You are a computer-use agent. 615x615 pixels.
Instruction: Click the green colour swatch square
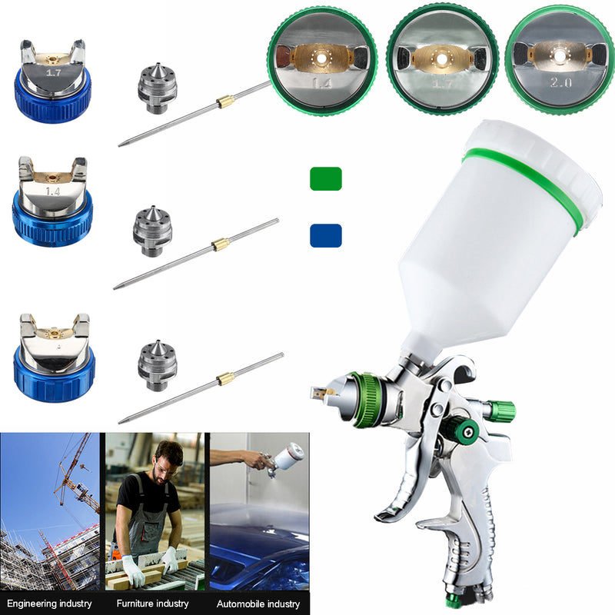pos(326,178)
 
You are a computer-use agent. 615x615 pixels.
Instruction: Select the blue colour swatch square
pos(326,235)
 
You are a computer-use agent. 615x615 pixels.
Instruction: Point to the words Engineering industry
pos(50,603)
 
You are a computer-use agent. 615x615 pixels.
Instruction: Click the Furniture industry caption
pos(154,603)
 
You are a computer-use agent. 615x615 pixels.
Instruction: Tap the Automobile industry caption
pos(258,603)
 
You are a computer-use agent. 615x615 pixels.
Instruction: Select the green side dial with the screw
pos(465,431)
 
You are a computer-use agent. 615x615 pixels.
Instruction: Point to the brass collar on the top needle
pos(225,101)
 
